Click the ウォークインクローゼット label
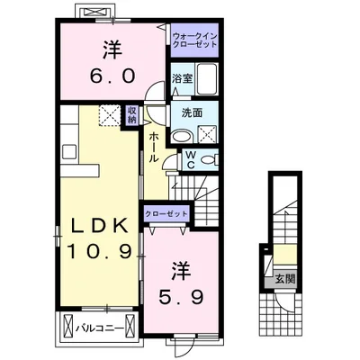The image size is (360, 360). coord(194,40)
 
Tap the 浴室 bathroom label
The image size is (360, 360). coord(182,78)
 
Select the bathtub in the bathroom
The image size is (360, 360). coord(207,79)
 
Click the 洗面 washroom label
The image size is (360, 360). coord(192,112)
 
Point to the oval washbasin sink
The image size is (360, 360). coord(182,136)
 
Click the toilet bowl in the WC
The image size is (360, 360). coord(210,160)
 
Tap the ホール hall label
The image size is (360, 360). coord(154,148)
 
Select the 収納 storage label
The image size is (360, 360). coord(131,115)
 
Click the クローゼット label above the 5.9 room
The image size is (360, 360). coord(166,214)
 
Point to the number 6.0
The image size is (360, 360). coord(112,76)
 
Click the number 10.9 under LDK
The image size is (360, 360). coord(99,251)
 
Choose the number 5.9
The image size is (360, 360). coord(182,297)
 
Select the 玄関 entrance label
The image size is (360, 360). coord(285,279)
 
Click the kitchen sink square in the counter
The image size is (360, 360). coord(69,151)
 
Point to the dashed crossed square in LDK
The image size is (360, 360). coord(110,115)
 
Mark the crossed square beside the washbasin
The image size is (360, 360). coord(208,134)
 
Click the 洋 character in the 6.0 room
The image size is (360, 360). coord(112,49)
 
